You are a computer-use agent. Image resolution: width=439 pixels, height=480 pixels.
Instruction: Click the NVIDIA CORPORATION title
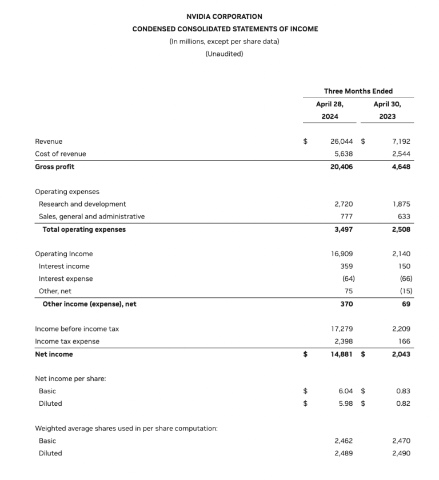[225, 17]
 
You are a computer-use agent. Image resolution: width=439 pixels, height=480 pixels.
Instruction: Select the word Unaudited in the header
[225, 54]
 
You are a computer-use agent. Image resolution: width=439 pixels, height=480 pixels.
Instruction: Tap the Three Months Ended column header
[358, 91]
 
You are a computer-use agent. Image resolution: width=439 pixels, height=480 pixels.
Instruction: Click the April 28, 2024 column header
[329, 110]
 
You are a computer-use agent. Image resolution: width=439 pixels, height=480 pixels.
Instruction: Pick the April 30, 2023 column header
[386, 110]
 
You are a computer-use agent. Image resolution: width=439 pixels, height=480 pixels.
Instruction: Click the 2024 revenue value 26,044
[341, 141]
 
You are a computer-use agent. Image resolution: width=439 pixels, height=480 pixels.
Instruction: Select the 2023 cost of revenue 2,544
[401, 154]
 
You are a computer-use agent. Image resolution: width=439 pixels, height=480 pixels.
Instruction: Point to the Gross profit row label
[54, 167]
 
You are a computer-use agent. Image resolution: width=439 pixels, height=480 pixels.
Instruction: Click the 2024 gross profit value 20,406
[341, 167]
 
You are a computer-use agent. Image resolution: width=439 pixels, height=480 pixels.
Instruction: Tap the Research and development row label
[82, 204]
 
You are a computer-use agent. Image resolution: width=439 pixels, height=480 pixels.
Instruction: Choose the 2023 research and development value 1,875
[401, 204]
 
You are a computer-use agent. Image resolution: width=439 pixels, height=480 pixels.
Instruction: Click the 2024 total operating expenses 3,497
[343, 229]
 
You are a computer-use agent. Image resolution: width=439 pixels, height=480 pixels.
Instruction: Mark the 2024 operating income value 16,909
[341, 253]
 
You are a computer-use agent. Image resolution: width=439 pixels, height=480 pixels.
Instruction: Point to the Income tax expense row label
[67, 341]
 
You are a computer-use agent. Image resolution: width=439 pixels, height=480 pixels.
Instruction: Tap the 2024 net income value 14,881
[341, 354]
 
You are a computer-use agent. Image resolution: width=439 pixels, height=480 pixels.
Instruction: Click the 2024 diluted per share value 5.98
[345, 404]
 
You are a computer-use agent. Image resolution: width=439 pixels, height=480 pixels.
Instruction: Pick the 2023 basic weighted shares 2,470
[401, 441]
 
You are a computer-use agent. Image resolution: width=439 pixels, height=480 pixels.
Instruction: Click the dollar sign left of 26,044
[306, 141]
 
